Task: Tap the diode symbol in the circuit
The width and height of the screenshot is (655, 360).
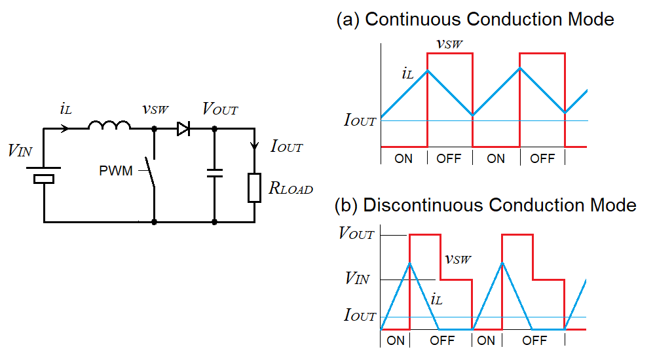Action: pos(183,130)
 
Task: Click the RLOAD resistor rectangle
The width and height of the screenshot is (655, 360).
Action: pos(255,188)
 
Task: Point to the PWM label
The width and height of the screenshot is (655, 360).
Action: pos(116,171)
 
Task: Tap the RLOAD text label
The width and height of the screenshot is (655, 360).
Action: pos(291,189)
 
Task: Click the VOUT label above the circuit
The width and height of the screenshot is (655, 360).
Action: pos(220,109)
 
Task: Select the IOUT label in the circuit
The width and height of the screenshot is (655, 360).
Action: pos(287,146)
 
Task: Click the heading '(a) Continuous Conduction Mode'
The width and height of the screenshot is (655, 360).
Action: pos(475,19)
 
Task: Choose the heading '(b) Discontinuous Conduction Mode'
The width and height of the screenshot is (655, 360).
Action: pos(485,205)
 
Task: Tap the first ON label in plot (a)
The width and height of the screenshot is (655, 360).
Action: pos(403,159)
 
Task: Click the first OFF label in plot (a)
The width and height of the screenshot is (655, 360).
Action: pos(449,159)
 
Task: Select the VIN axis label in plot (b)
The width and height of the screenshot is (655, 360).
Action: pos(357,279)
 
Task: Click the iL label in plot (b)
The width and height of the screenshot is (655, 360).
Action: pos(437,300)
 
